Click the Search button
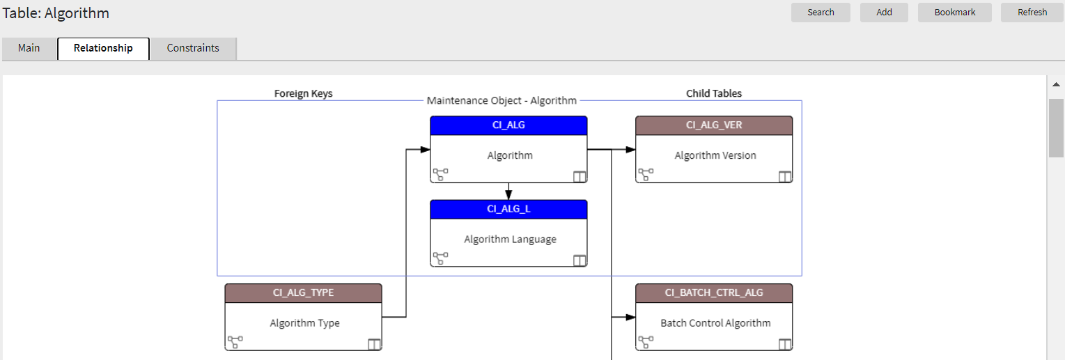[821, 13]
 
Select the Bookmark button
[954, 13]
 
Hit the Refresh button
[1032, 13]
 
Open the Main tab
[29, 48]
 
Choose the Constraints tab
[193, 48]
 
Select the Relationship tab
[103, 48]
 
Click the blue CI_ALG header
[508, 125]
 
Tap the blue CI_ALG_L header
[508, 209]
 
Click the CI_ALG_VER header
[714, 125]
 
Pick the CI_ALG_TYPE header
[303, 292]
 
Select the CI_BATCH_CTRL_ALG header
[714, 292]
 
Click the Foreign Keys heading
[303, 93]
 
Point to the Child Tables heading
[714, 93]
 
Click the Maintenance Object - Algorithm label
[502, 100]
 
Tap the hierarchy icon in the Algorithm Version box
[646, 175]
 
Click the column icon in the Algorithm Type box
[374, 343]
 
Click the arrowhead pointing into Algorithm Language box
[508, 196]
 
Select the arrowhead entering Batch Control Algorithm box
[630, 317]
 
